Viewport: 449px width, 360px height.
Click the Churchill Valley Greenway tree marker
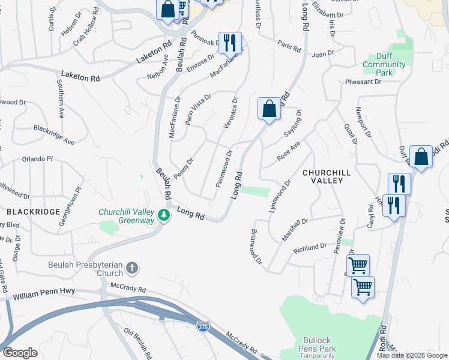[163, 214]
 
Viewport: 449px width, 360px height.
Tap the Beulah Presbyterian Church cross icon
[133, 267]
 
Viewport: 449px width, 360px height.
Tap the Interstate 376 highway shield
[202, 326]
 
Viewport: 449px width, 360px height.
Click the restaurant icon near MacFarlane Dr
[230, 43]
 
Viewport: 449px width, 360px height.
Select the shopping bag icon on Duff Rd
[421, 157]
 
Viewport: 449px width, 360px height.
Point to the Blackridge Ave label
[54, 135]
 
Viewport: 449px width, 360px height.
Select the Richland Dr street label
[310, 247]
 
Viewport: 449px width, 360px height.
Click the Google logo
[20, 353]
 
